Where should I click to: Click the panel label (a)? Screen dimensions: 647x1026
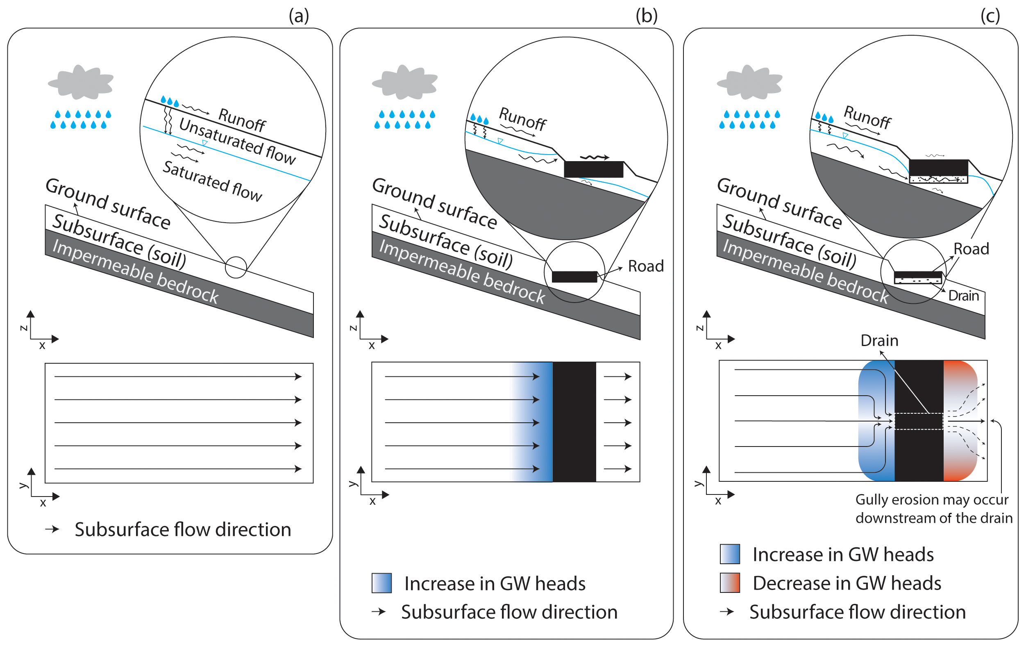point(299,16)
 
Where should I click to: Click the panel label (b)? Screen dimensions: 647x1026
point(646,16)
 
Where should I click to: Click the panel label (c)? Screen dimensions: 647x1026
point(990,16)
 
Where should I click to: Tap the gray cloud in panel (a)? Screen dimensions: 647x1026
point(81,82)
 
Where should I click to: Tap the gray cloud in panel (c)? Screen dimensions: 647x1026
point(749,82)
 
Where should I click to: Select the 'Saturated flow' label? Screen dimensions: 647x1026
point(212,181)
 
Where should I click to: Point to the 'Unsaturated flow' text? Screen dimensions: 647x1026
point(237,141)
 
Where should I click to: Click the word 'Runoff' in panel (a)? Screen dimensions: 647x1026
point(242,120)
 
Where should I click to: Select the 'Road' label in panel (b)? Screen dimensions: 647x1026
point(645,266)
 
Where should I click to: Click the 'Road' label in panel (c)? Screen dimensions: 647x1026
point(971,248)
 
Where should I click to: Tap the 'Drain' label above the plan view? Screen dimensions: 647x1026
point(879,340)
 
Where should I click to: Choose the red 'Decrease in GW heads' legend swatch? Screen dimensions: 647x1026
point(730,583)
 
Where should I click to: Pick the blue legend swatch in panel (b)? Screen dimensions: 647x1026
point(381,583)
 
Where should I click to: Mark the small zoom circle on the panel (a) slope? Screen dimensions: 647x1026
point(236,267)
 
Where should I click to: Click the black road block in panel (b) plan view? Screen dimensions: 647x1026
point(574,421)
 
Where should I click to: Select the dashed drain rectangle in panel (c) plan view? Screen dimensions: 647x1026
point(918,421)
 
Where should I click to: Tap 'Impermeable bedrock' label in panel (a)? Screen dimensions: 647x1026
point(136,271)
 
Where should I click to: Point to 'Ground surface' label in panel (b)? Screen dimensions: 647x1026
point(434,204)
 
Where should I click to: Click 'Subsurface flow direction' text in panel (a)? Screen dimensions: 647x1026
point(183,529)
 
